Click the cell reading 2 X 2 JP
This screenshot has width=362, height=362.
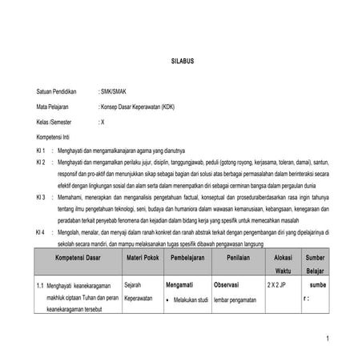coord(280,284)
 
